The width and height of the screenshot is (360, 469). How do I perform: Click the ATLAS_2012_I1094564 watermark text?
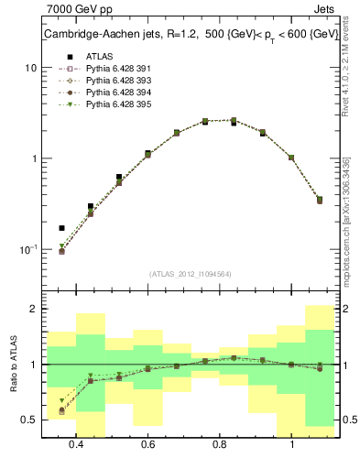[191, 274]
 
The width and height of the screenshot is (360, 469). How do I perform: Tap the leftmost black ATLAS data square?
[61, 228]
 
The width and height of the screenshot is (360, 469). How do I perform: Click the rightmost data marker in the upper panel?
[320, 200]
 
